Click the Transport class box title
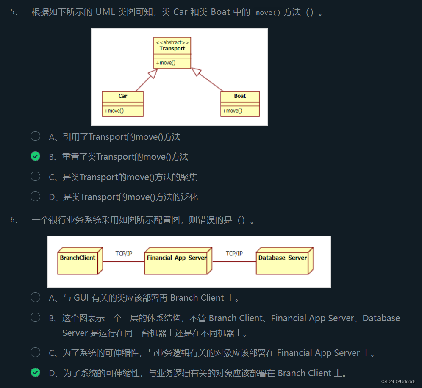[x=172, y=49]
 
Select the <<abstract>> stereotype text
[x=172, y=42]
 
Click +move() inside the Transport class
[x=166, y=63]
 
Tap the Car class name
[x=122, y=96]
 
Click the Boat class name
[x=240, y=96]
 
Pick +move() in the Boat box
[x=232, y=111]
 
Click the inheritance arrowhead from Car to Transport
[x=153, y=73]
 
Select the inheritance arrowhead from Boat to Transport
[x=196, y=72]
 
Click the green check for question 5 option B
[x=36, y=156]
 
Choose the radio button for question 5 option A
[x=36, y=136]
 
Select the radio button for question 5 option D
[x=36, y=197]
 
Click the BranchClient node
[x=78, y=258]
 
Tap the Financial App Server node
[x=177, y=258]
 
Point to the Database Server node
[x=283, y=258]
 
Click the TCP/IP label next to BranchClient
[x=124, y=254]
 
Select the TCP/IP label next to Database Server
[x=234, y=254]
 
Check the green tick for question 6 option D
[x=36, y=373]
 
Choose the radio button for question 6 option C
[x=36, y=352]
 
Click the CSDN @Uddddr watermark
[x=398, y=382]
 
